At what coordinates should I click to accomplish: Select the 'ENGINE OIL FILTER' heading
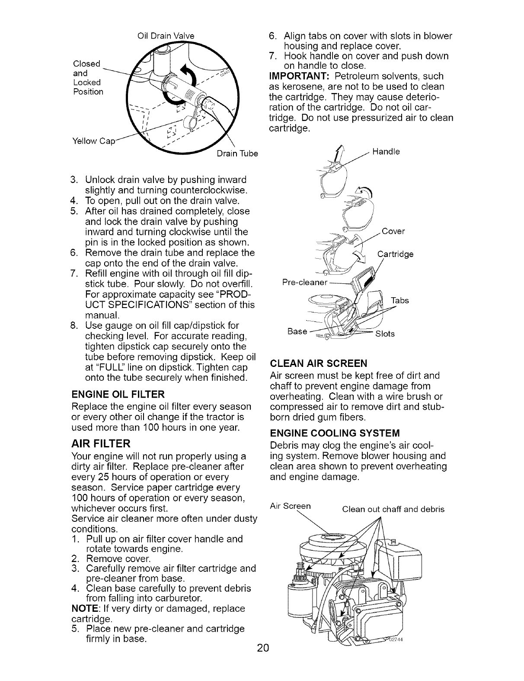tap(118, 394)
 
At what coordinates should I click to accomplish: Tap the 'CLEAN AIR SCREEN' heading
tap(318, 363)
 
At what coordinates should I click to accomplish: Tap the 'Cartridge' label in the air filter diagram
tap(396, 254)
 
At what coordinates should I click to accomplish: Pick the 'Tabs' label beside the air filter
tap(400, 301)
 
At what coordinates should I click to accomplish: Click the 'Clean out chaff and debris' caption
tap(393, 509)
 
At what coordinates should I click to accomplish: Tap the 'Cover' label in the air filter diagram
tap(393, 231)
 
